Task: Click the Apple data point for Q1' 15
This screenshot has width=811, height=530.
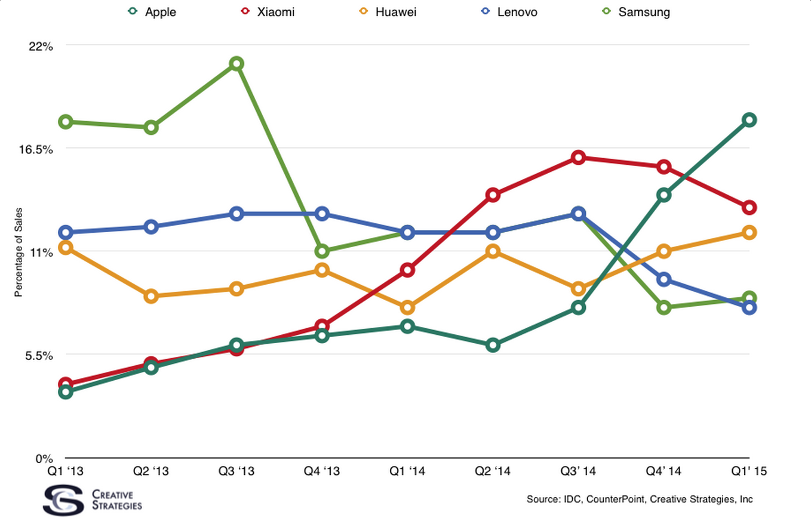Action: [749, 120]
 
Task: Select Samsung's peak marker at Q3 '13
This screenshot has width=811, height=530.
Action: [236, 64]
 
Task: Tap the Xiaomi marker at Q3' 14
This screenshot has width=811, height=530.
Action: [578, 158]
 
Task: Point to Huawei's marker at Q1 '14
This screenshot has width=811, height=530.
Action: [407, 307]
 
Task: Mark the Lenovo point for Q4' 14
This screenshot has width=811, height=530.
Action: [663, 279]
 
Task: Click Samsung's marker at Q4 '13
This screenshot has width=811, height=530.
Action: [322, 251]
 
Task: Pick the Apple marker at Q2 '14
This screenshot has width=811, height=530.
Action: [493, 345]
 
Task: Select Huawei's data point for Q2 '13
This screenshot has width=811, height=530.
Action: [151, 296]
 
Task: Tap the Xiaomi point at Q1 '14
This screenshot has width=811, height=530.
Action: [407, 270]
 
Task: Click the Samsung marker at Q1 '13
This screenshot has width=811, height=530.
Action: [66, 122]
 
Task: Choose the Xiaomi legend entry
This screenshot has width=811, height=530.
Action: [266, 12]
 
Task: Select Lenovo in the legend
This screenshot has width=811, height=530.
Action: [509, 12]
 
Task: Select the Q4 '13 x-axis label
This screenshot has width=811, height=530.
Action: [322, 471]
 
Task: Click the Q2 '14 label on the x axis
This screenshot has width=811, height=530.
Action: [493, 471]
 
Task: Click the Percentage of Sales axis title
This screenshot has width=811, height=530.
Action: [19, 252]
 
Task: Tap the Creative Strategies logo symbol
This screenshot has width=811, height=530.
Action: [63, 500]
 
